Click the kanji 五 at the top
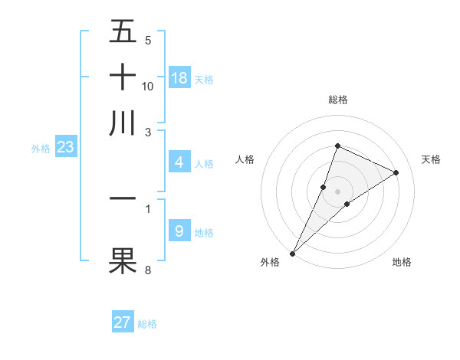coord(123,32)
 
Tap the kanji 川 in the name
coord(123,123)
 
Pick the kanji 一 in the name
coord(123,198)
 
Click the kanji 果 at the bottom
coord(123,260)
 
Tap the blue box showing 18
coord(179,78)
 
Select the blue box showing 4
coord(179,162)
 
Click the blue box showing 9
coord(179,231)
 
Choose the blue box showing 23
coord(65,148)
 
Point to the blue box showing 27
coord(123,322)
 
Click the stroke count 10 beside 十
coord(148,87)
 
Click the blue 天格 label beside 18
coord(204,80)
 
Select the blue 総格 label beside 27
coord(147,324)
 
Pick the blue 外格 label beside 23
coord(40,149)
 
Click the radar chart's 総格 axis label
coord(337,100)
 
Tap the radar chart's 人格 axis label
coord(245,159)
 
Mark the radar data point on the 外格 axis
coord(292,253)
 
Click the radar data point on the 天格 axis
coord(396,172)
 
